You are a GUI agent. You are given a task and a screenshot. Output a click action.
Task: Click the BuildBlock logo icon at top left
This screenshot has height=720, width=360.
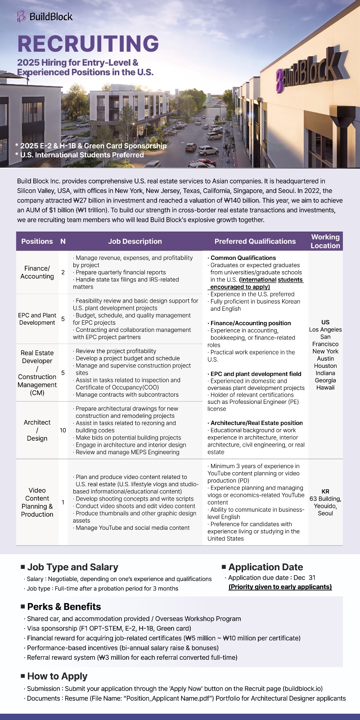pos(21,17)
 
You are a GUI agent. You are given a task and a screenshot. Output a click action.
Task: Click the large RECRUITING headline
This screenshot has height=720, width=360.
pos(88,44)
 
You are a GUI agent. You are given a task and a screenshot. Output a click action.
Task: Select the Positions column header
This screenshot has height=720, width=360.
pos(37,241)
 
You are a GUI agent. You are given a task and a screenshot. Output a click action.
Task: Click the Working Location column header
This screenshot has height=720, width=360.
pos(325,241)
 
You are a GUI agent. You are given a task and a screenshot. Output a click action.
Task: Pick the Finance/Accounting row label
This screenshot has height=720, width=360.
pos(37,272)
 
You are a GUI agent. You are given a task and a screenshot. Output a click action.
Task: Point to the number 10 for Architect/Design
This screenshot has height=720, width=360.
pos(63,430)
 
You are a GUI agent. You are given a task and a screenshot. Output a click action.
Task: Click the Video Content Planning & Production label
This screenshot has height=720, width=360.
pos(37,502)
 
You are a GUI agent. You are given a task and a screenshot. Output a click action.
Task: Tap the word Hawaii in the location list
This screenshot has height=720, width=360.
pos(325,388)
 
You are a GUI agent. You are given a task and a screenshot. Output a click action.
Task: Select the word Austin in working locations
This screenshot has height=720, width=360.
pos(325,359)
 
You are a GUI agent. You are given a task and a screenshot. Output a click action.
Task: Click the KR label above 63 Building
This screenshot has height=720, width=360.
pos(325,492)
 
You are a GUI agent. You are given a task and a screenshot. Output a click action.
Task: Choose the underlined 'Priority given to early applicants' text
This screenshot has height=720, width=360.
pos(280,587)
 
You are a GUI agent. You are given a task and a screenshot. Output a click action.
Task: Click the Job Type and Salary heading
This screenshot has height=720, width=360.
pos(72,568)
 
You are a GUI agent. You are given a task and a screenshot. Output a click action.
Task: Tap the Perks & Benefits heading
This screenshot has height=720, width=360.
pos(64,607)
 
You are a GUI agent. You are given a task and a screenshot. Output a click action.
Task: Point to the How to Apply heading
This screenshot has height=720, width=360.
pos(57,676)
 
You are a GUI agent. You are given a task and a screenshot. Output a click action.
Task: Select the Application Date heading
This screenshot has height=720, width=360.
pos(265,567)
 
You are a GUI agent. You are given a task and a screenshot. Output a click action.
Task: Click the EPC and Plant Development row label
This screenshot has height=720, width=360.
pos(37,319)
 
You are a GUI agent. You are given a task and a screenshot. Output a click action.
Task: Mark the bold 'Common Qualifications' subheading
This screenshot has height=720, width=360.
pos(243,258)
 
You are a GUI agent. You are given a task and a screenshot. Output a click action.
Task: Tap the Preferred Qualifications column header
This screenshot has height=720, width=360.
pos(255,241)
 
